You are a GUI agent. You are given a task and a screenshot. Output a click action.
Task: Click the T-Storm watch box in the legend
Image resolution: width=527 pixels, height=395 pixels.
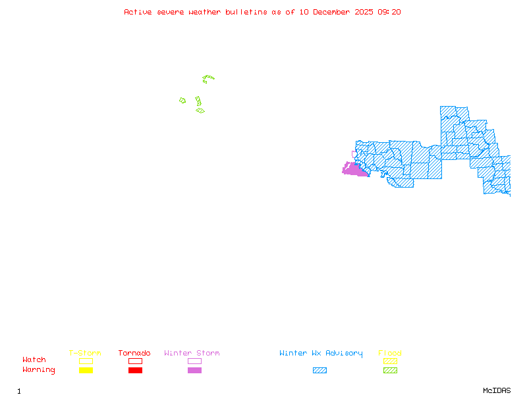click(x=86, y=361)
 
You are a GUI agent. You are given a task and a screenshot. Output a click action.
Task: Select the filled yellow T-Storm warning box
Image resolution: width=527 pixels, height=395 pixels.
click(x=86, y=370)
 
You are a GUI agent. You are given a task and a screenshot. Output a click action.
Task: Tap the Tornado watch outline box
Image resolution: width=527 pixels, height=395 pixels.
click(x=135, y=361)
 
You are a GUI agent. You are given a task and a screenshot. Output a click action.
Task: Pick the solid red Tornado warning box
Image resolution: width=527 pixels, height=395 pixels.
click(x=135, y=370)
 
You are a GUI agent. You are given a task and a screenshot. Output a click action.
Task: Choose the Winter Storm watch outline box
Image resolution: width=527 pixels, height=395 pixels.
click(x=194, y=361)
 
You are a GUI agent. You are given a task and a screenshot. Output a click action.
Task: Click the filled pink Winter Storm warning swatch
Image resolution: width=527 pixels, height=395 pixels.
click(x=194, y=370)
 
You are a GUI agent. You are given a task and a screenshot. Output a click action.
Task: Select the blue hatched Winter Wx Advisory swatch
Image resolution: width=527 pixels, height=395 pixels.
click(x=319, y=370)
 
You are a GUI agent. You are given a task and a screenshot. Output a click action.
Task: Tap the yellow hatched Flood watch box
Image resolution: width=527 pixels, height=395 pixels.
click(x=390, y=361)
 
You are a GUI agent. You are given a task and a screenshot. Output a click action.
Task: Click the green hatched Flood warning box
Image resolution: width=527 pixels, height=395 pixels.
click(x=390, y=370)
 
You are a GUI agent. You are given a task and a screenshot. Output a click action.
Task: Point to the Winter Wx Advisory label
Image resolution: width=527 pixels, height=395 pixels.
click(x=321, y=354)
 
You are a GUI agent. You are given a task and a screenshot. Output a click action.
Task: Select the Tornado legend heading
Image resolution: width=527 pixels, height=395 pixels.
click(x=134, y=354)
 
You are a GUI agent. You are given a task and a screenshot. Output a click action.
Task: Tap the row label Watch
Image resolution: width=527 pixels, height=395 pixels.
click(x=34, y=360)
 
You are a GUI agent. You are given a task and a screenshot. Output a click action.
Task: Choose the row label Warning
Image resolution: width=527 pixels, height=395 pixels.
click(x=38, y=370)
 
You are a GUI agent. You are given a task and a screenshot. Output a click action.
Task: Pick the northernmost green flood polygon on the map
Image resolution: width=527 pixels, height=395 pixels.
click(x=208, y=79)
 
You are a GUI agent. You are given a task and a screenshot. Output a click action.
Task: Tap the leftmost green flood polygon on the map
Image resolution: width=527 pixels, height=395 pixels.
click(x=182, y=101)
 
